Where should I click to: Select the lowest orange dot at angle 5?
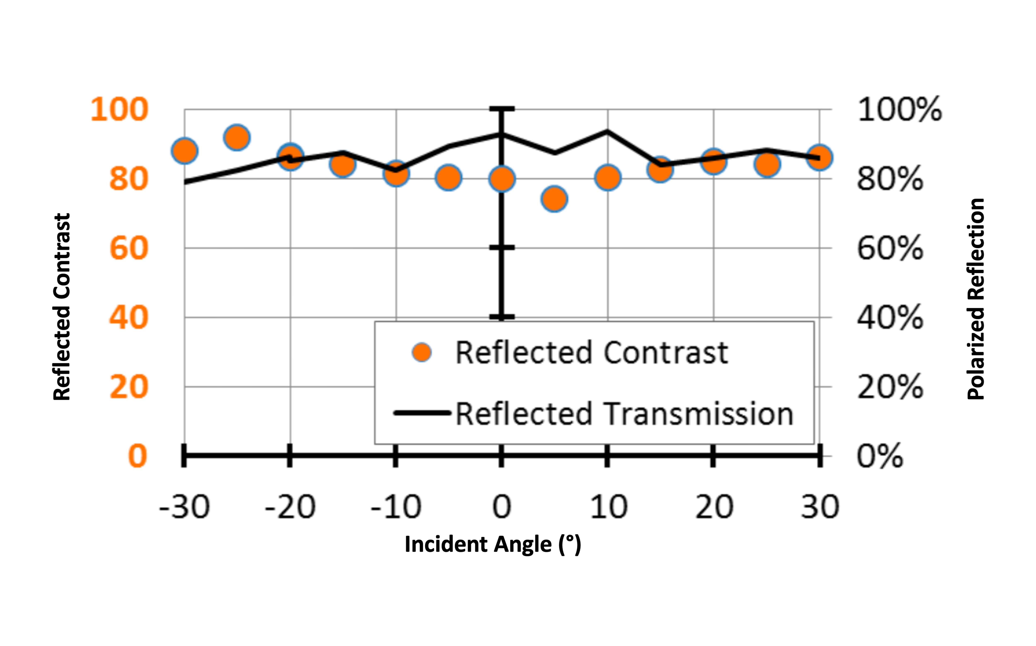(x=554, y=199)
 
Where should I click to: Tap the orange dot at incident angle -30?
(x=184, y=151)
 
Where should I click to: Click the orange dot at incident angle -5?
(x=448, y=177)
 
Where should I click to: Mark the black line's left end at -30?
(x=185, y=182)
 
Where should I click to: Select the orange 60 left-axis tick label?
(x=128, y=248)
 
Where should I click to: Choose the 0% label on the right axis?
(x=880, y=456)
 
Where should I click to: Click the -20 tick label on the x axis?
(x=290, y=507)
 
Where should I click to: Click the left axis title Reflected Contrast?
(x=62, y=307)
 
